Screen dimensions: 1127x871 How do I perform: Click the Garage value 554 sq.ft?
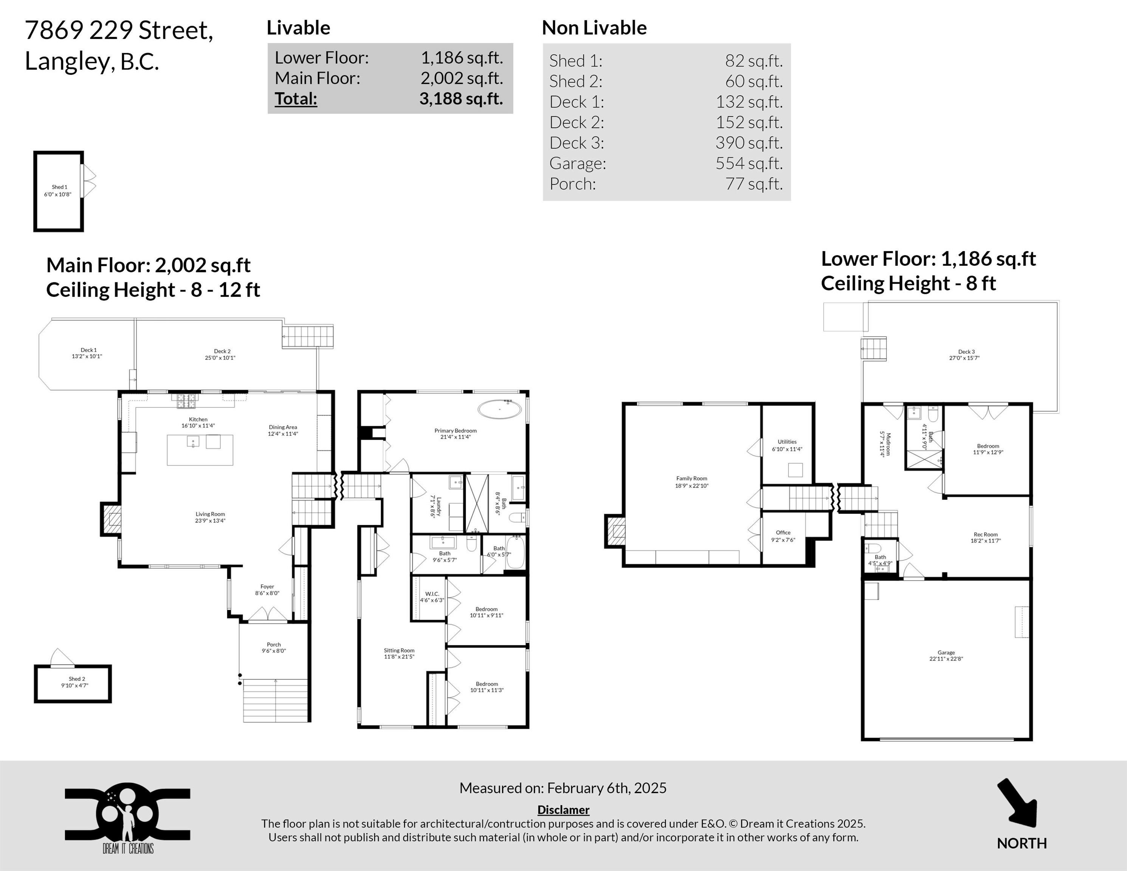coord(749,163)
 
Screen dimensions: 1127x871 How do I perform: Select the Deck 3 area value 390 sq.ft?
coord(749,143)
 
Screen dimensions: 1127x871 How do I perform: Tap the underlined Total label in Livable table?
coord(296,99)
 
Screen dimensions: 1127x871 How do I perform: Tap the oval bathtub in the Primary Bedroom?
coord(499,409)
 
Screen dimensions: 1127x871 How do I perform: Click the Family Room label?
coord(692,478)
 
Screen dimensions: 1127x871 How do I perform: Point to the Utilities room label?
coord(787,442)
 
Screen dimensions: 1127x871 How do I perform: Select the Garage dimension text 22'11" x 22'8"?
coord(946,659)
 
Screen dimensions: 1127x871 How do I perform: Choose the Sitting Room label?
coord(399,651)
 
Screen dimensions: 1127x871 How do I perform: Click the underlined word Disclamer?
coord(563,810)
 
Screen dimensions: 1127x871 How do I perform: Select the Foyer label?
coord(267,587)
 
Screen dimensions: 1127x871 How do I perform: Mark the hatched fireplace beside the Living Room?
coord(112,519)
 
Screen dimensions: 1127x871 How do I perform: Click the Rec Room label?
coord(986,535)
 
